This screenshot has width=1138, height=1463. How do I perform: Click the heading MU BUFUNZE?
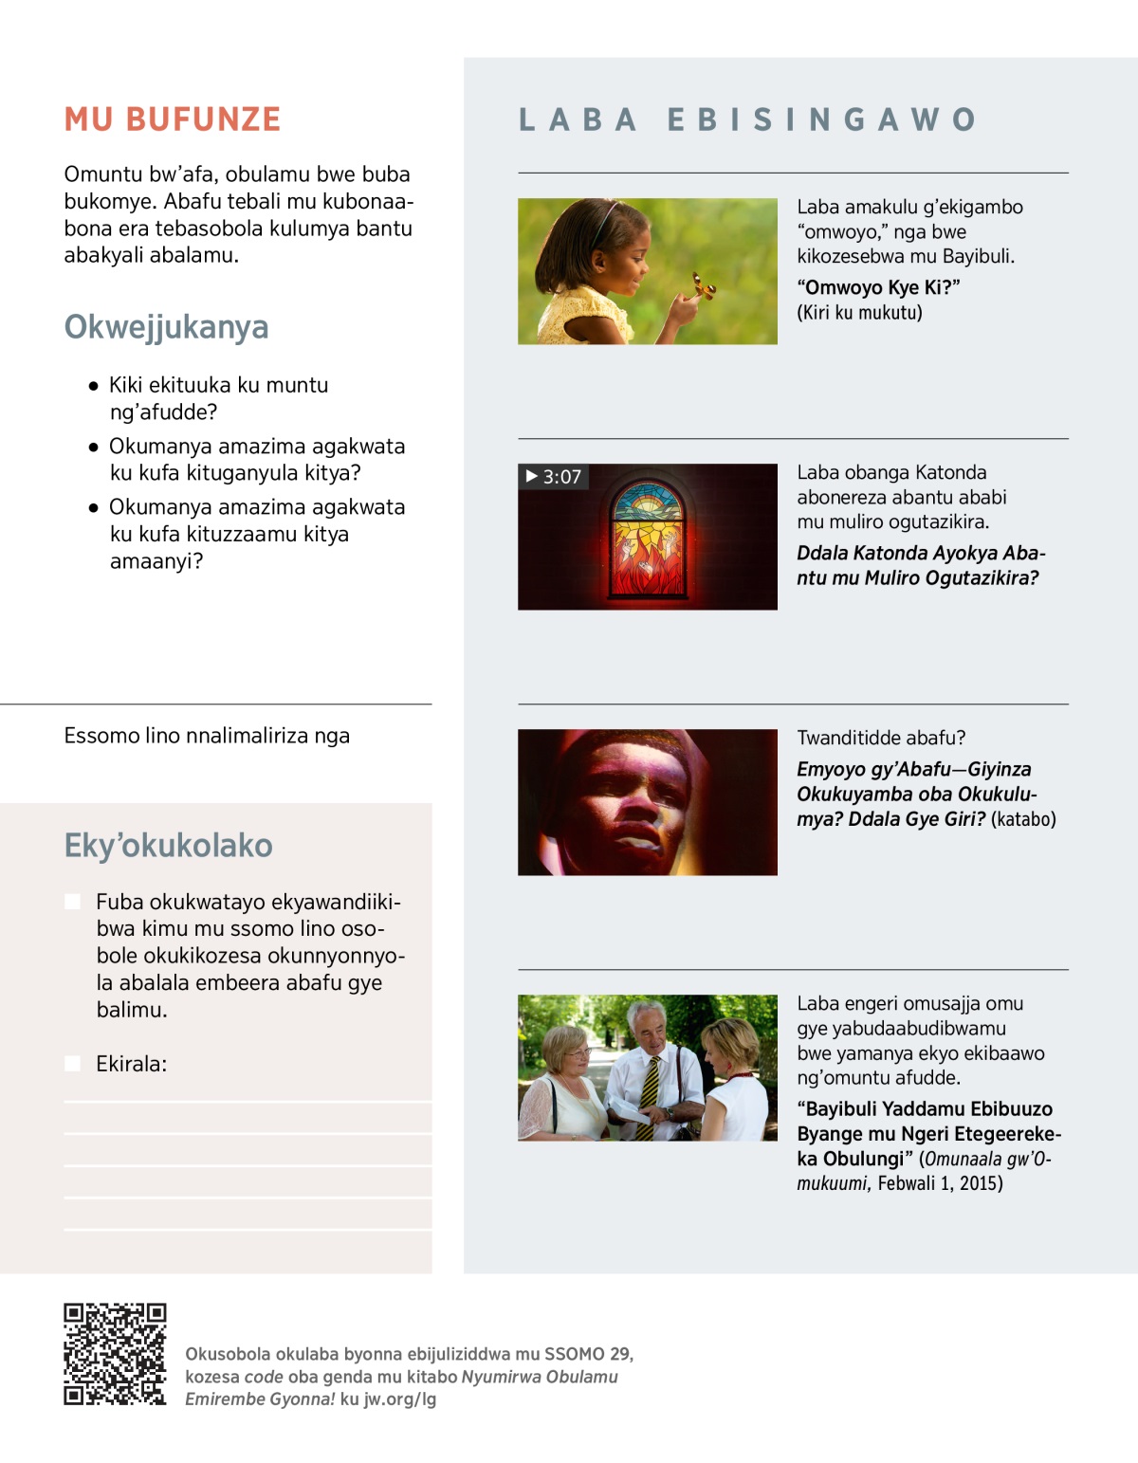(173, 119)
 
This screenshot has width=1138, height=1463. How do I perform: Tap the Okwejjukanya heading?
(166, 327)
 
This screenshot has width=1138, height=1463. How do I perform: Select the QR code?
(115, 1354)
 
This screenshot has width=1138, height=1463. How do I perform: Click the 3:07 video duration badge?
(554, 477)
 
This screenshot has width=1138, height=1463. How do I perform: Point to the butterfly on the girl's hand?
(702, 285)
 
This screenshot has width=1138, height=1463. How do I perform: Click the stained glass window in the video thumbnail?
(648, 537)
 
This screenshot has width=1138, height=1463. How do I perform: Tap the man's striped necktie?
(651, 1095)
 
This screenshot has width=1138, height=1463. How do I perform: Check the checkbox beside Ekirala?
(72, 1064)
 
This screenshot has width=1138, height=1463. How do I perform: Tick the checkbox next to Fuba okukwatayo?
(72, 902)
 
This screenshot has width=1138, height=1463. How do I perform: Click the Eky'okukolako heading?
(168, 846)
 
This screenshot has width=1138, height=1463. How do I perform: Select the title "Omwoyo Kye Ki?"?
(878, 288)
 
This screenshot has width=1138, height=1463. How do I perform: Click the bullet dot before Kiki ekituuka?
(93, 386)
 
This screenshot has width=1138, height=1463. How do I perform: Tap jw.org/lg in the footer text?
(399, 1399)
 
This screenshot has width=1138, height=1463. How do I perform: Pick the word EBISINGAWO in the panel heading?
(821, 119)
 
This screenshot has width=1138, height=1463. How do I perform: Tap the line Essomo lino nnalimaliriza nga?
(207, 737)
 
